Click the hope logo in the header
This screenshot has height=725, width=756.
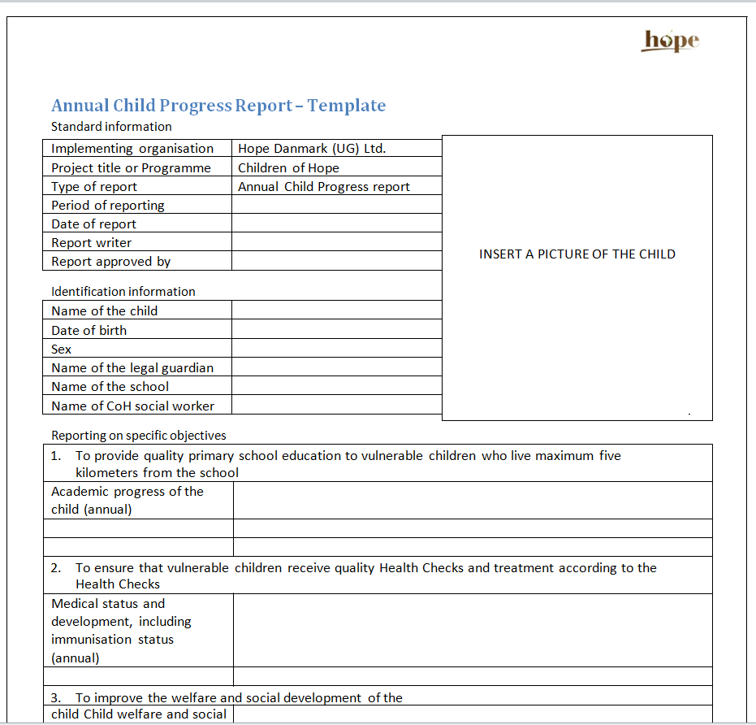click(671, 41)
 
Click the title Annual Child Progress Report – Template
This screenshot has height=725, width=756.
click(218, 106)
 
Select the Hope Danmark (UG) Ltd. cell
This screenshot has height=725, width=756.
click(312, 149)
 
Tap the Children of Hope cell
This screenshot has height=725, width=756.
click(288, 168)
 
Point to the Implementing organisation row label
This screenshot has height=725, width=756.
click(132, 149)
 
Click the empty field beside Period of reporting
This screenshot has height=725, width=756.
click(336, 206)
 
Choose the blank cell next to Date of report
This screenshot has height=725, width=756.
click(336, 224)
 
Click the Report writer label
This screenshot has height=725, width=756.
click(91, 243)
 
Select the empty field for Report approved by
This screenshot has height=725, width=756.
click(336, 262)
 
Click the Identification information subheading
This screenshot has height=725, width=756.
click(123, 292)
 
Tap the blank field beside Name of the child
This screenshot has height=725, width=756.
click(336, 310)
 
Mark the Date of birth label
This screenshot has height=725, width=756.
click(89, 331)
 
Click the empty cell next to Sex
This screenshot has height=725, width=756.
click(336, 349)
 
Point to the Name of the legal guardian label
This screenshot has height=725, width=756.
click(132, 368)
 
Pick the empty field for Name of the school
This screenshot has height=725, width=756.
click(336, 387)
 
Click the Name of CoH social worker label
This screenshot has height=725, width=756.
click(132, 406)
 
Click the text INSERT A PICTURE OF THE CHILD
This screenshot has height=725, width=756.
click(577, 254)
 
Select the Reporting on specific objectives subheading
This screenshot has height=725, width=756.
click(139, 436)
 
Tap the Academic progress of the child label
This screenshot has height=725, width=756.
click(127, 500)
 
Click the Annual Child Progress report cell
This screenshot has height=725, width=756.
click(324, 187)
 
